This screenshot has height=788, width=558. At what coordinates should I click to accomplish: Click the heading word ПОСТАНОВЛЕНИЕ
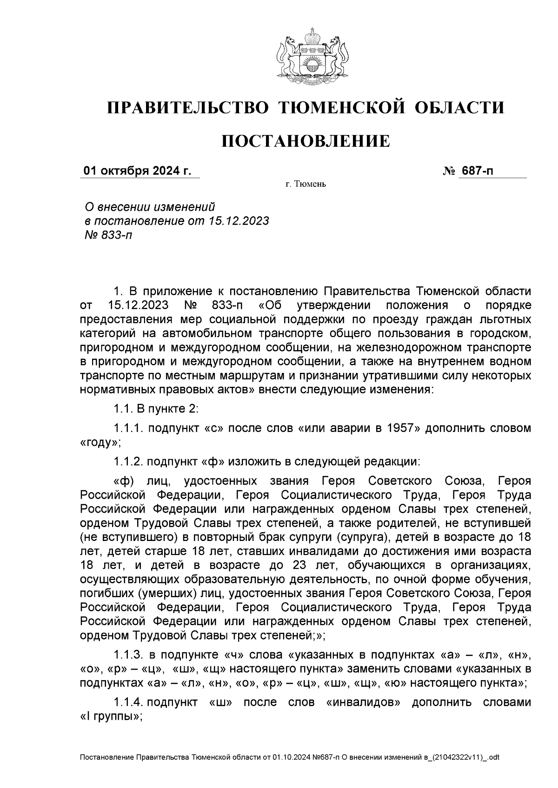pyautogui.click(x=306, y=141)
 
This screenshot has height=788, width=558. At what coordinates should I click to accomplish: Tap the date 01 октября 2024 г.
pyautogui.click(x=137, y=171)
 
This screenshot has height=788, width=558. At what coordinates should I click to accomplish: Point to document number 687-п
pyautogui.click(x=477, y=171)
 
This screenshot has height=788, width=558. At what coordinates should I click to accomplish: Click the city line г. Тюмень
pyautogui.click(x=306, y=185)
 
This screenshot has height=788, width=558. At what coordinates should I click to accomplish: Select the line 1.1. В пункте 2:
pyautogui.click(x=156, y=410)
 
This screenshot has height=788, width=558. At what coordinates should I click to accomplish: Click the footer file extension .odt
pyautogui.click(x=492, y=758)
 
